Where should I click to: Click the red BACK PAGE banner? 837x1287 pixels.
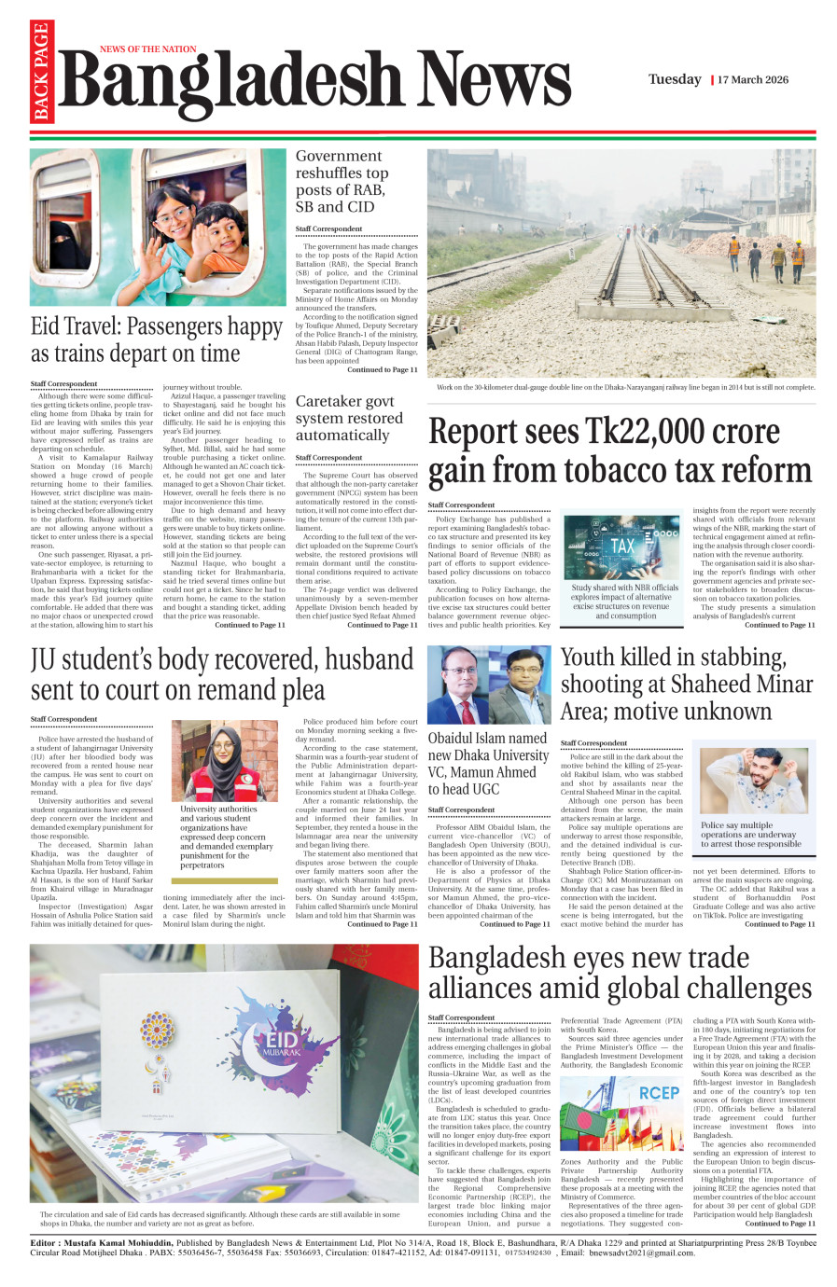(x=41, y=73)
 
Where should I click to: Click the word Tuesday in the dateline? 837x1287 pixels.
(x=675, y=79)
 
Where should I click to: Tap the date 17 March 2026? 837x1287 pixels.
(x=753, y=80)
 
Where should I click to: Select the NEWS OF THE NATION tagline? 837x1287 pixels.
(x=148, y=49)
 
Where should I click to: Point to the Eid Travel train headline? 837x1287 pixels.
(x=157, y=339)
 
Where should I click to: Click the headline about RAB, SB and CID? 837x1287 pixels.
(x=342, y=181)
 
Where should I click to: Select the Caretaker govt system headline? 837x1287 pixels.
(x=349, y=418)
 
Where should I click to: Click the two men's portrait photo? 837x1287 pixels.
(x=489, y=685)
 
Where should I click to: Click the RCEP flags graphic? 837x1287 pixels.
(x=621, y=1115)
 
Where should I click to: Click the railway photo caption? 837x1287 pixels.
(x=625, y=387)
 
